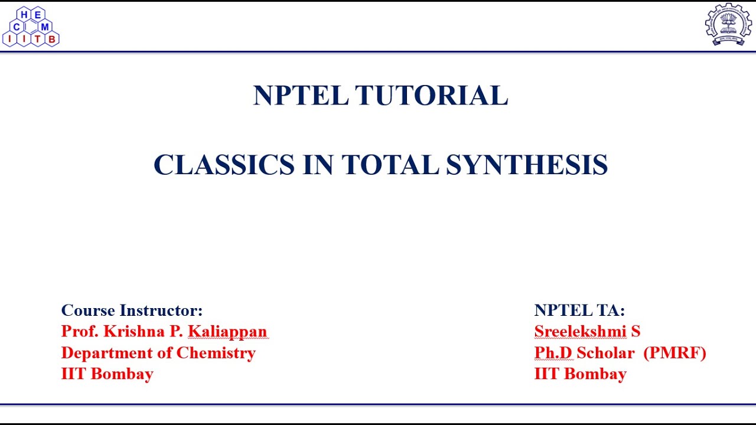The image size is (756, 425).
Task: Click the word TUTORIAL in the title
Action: pyautogui.click(x=431, y=96)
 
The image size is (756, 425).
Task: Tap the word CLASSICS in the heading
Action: pyautogui.click(x=224, y=165)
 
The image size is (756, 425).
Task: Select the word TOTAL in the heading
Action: pyautogui.click(x=390, y=165)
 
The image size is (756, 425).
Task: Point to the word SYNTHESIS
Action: pyautogui.click(x=527, y=165)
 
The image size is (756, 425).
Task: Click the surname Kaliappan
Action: pyautogui.click(x=227, y=332)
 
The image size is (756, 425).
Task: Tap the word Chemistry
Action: pyautogui.click(x=216, y=353)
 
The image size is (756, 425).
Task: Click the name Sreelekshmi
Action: pyautogui.click(x=580, y=332)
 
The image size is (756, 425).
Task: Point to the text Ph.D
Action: pyautogui.click(x=553, y=353)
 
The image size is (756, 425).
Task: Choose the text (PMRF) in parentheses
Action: pyautogui.click(x=674, y=353)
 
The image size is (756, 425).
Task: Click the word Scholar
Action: pyautogui.click(x=605, y=353)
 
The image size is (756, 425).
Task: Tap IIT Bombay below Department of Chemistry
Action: pyautogui.click(x=107, y=374)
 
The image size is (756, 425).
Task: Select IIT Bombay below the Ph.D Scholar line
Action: pyautogui.click(x=580, y=374)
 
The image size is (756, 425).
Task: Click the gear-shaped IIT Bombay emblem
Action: pyautogui.click(x=728, y=24)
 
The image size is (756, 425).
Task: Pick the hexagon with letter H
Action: pyautogui.click(x=24, y=15)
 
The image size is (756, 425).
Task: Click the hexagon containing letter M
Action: pyautogui.click(x=45, y=27)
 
